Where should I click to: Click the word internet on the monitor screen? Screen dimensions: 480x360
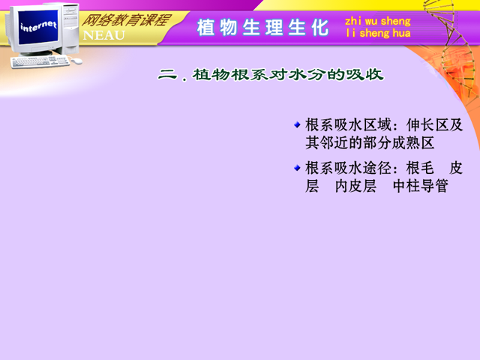click(x=38, y=26)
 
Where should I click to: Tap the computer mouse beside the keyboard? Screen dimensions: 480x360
click(x=76, y=61)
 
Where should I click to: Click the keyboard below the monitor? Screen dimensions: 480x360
click(x=40, y=62)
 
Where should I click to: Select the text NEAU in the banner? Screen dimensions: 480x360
click(x=103, y=35)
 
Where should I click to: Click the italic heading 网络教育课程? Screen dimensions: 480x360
click(x=125, y=21)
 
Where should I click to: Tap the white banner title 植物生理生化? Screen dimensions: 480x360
click(x=262, y=28)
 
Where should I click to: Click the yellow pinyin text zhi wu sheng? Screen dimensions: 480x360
click(x=378, y=21)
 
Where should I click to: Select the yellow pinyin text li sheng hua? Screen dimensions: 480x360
click(x=378, y=33)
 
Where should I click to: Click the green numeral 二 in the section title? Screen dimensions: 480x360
click(x=168, y=74)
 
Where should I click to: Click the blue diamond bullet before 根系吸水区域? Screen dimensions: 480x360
click(x=297, y=124)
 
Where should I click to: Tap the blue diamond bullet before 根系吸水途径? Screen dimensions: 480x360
click(x=297, y=168)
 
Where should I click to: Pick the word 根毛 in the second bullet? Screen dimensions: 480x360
click(x=420, y=168)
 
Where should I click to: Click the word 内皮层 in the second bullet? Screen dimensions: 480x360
click(x=355, y=186)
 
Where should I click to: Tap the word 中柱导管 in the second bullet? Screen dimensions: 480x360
click(x=421, y=186)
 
